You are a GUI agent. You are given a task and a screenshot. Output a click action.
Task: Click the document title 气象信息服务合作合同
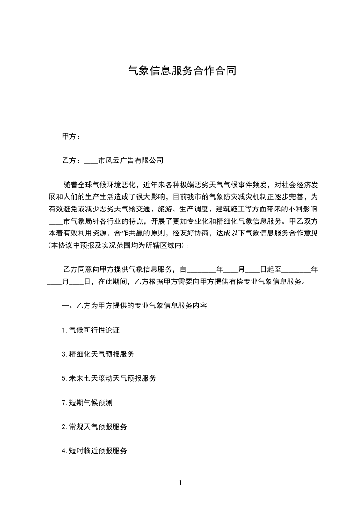[x=182, y=71]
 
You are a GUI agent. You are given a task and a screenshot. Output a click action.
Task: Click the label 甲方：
[x=71, y=136]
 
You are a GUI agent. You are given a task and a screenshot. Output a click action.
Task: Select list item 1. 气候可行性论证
[x=91, y=330]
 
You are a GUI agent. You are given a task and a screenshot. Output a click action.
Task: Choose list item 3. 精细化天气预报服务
[x=98, y=354]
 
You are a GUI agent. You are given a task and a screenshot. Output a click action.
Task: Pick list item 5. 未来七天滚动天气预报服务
[x=109, y=378]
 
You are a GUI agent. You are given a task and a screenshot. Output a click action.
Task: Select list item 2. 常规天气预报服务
[x=94, y=426]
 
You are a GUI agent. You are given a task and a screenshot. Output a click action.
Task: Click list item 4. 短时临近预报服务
[x=94, y=450]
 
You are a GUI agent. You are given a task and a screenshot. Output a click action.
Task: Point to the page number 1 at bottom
[x=180, y=483]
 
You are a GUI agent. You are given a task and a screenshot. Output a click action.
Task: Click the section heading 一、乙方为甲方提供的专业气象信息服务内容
[x=134, y=305]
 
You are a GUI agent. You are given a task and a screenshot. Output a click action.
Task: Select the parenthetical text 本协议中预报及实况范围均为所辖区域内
[x=117, y=245]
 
